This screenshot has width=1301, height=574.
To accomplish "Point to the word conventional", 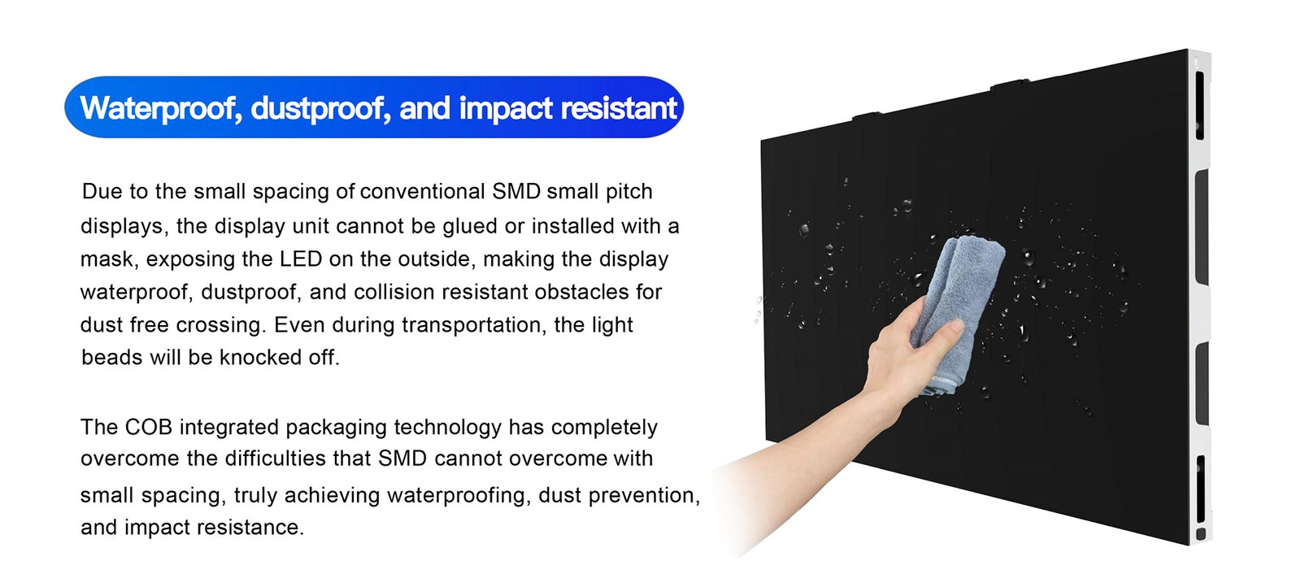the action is [422, 191].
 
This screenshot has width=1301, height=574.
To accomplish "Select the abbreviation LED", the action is [301, 259].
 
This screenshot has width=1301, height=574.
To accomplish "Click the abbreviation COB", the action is [148, 427].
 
